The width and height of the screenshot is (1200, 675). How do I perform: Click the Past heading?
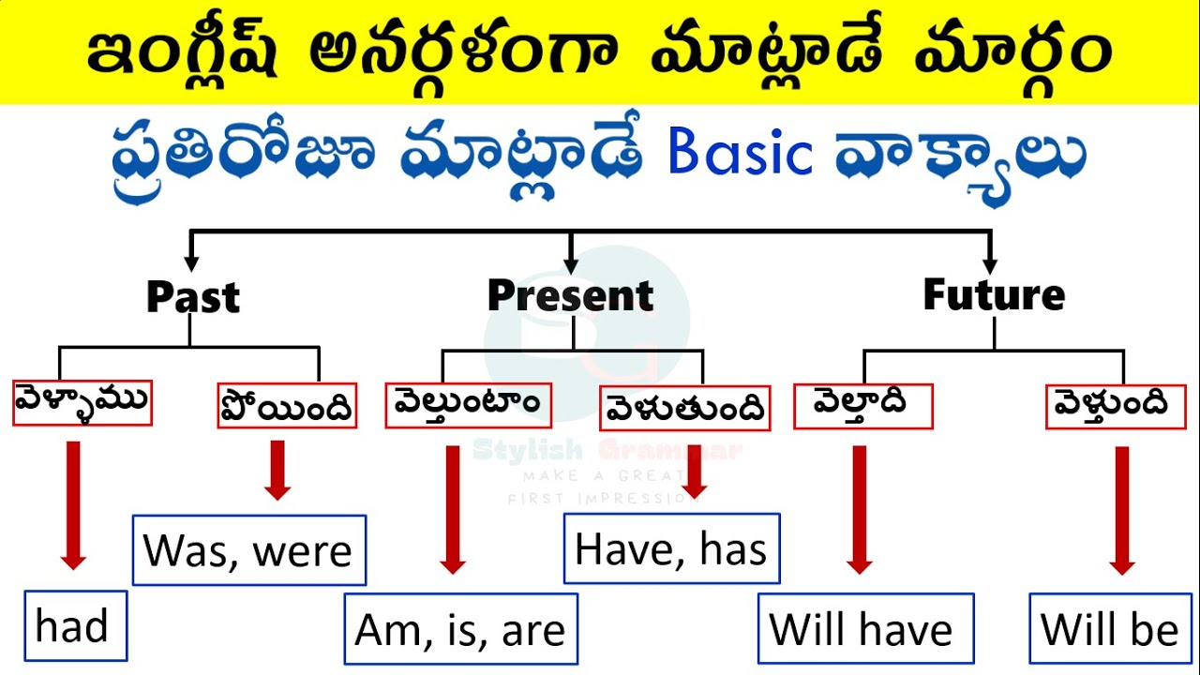pos(193,297)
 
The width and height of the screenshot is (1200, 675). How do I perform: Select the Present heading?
pos(570,295)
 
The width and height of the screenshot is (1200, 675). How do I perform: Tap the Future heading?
pos(994,294)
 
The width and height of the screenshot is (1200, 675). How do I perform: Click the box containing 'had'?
pos(75,625)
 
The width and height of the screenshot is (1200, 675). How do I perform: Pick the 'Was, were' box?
pos(249,550)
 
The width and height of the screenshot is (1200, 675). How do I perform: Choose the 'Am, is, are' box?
pos(460,629)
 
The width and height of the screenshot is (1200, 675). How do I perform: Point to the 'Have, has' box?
pos(671,548)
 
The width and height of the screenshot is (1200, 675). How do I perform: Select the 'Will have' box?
pos(865,628)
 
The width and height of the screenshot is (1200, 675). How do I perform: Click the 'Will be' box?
pos(1110,628)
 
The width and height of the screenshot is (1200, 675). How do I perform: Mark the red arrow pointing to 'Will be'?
pos(1121,510)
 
